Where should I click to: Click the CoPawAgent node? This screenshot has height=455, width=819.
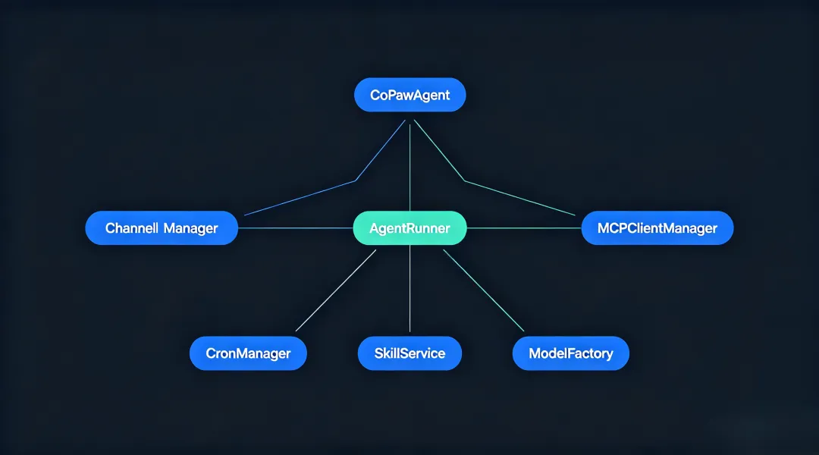[x=410, y=95]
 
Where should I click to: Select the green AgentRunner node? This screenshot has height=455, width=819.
[x=409, y=227]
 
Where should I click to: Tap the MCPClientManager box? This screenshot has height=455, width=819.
[x=657, y=227]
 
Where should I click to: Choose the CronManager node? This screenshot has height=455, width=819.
[x=248, y=353]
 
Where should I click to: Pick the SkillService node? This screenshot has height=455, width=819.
[x=409, y=353]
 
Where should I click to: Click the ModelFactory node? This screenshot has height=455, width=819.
[x=570, y=353]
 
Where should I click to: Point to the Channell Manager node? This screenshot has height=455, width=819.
[x=162, y=227]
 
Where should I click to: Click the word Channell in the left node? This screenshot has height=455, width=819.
[x=132, y=227]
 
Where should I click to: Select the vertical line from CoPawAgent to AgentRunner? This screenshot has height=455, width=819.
[x=410, y=167]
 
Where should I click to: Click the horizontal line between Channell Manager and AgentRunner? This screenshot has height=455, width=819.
[x=296, y=227]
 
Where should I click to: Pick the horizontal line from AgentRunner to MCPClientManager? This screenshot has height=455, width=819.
[x=523, y=227]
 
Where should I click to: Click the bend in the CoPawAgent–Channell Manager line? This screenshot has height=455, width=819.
[x=355, y=180]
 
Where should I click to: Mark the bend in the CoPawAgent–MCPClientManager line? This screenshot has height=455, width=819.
[x=465, y=180]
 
